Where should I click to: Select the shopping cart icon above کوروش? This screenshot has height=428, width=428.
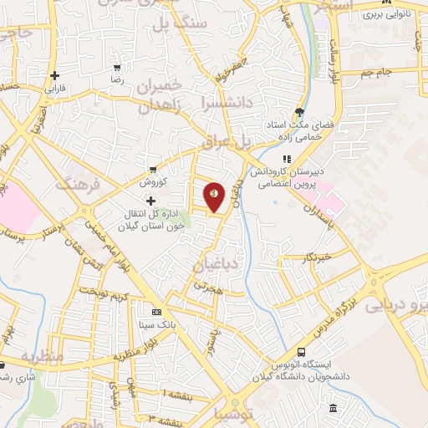point(152,169)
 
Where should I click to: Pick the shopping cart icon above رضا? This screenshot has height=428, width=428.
point(118,68)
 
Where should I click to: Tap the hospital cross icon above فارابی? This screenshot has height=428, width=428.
point(54,75)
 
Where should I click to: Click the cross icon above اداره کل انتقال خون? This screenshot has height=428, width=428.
point(150,201)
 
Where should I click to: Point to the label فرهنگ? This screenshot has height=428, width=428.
point(78,186)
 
